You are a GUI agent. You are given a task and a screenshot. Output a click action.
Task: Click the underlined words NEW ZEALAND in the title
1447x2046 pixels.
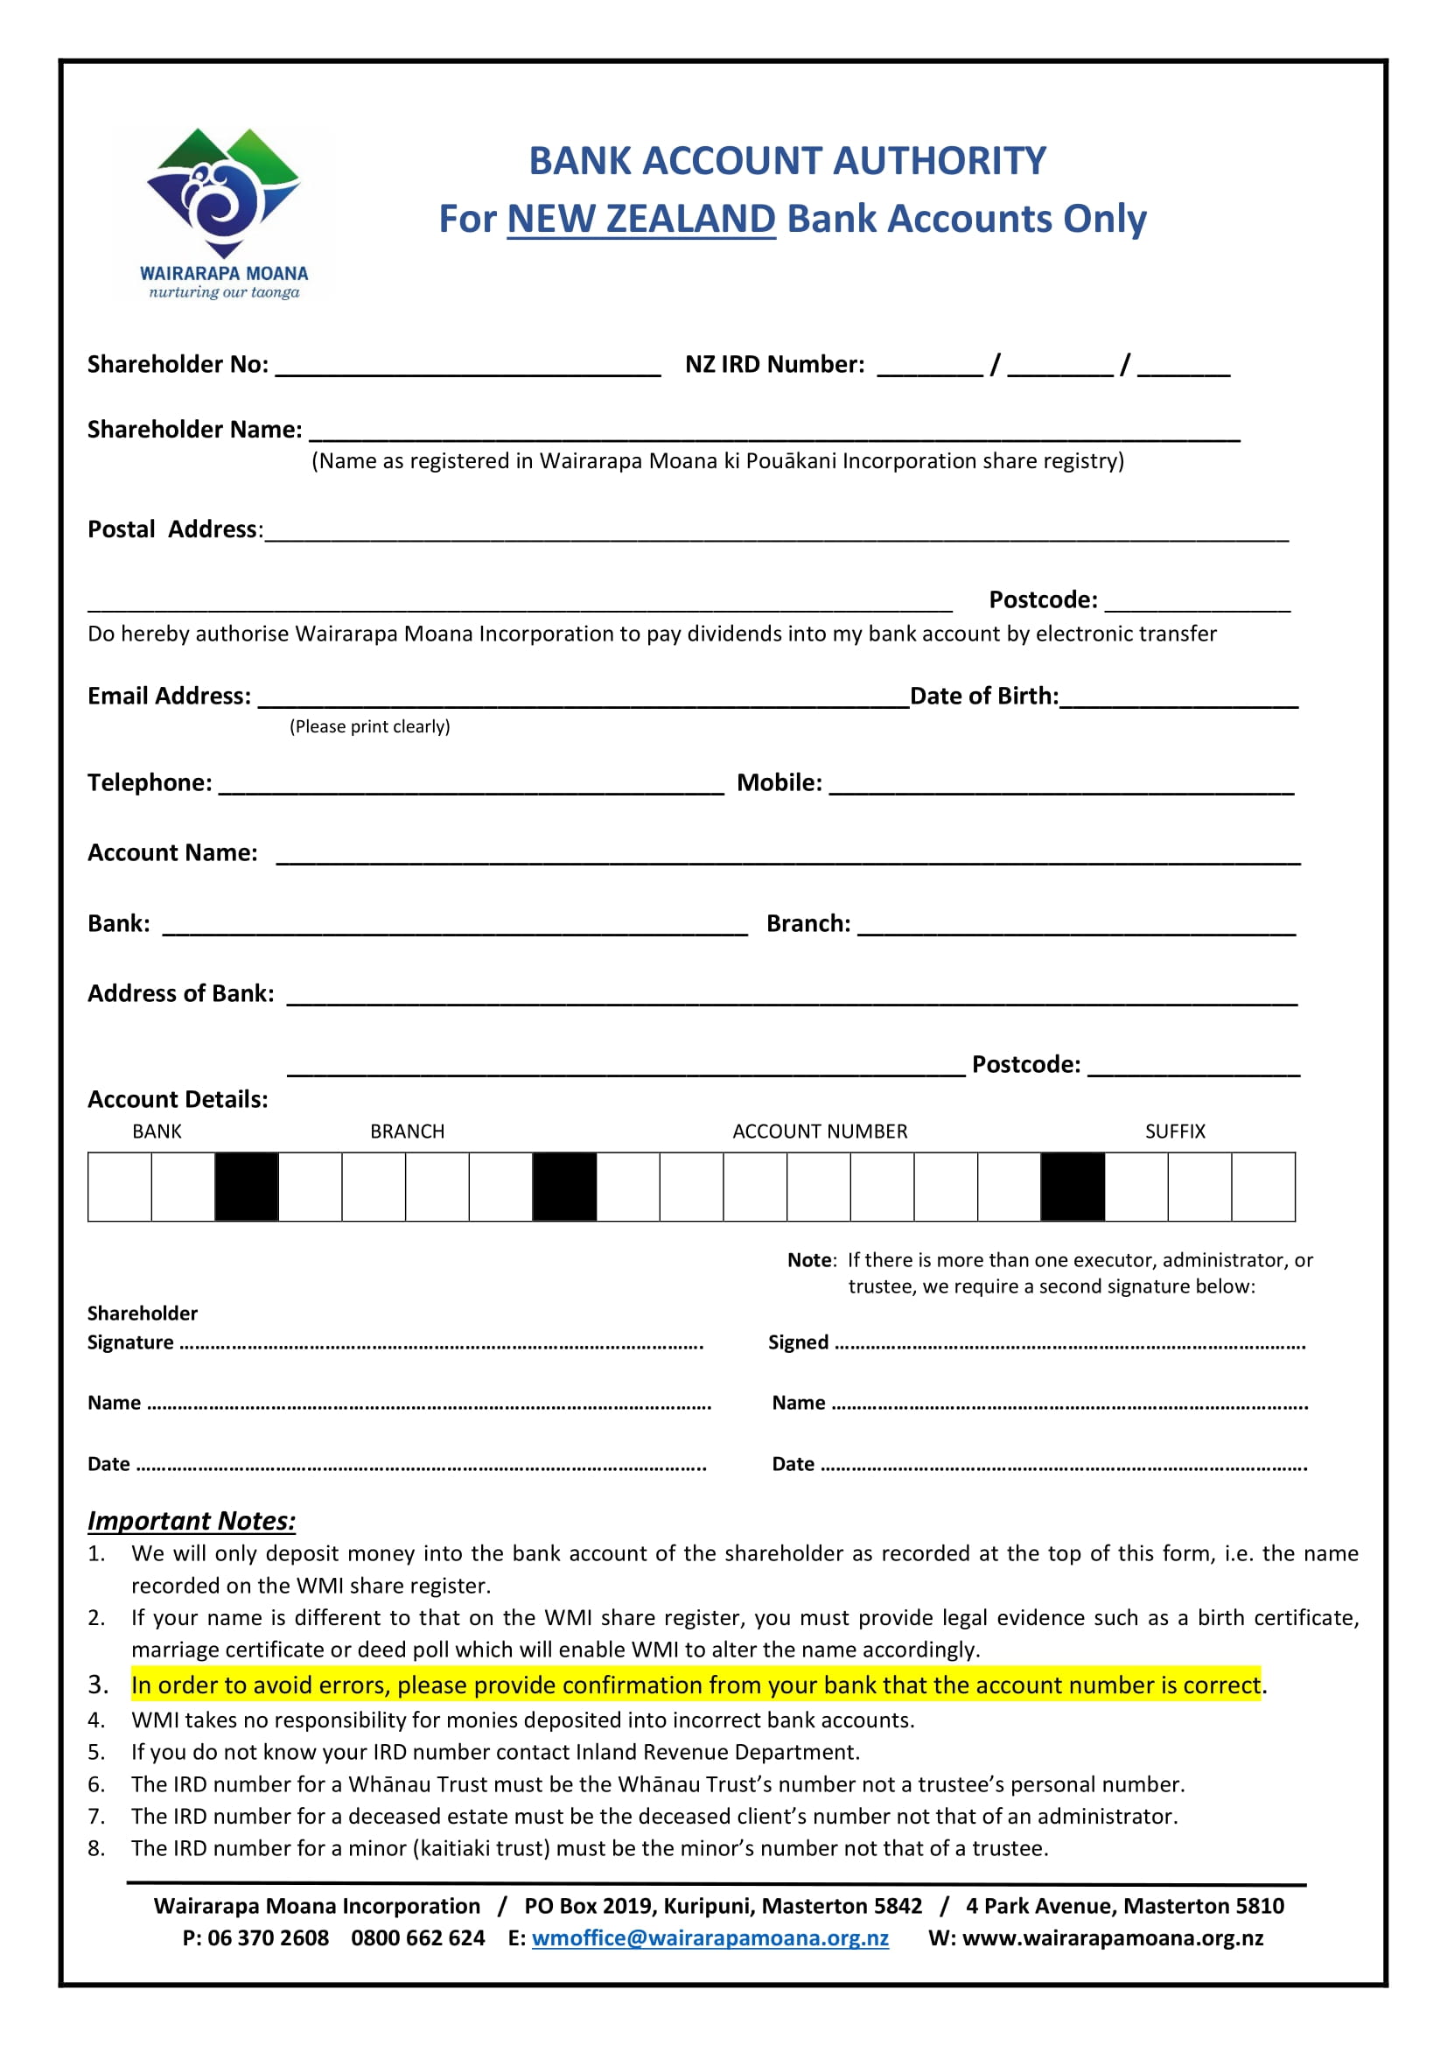tap(640, 219)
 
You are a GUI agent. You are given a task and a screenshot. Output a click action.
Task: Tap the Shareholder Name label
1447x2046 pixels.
tap(194, 430)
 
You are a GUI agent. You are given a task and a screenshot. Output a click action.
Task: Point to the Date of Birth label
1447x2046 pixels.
tap(983, 696)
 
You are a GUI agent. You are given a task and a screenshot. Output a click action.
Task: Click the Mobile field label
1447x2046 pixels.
tap(779, 782)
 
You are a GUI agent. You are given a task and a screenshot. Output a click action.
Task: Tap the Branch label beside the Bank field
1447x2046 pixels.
tap(808, 923)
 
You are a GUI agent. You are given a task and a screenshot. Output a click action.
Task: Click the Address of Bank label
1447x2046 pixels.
tap(181, 993)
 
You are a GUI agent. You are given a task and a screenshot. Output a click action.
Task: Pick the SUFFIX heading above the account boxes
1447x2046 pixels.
tap(1174, 1132)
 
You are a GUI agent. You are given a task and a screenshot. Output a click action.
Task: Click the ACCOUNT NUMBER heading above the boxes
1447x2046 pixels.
tap(820, 1132)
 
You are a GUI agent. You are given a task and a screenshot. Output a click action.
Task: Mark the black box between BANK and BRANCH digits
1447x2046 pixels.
tap(247, 1186)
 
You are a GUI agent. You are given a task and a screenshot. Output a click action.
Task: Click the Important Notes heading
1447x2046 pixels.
tap(192, 1520)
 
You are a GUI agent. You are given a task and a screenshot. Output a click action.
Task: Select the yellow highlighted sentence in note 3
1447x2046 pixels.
tap(695, 1685)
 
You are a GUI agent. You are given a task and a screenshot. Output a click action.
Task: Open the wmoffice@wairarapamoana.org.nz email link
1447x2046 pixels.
tap(710, 1938)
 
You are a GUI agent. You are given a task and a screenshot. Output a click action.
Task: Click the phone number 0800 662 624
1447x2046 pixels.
tap(418, 1938)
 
